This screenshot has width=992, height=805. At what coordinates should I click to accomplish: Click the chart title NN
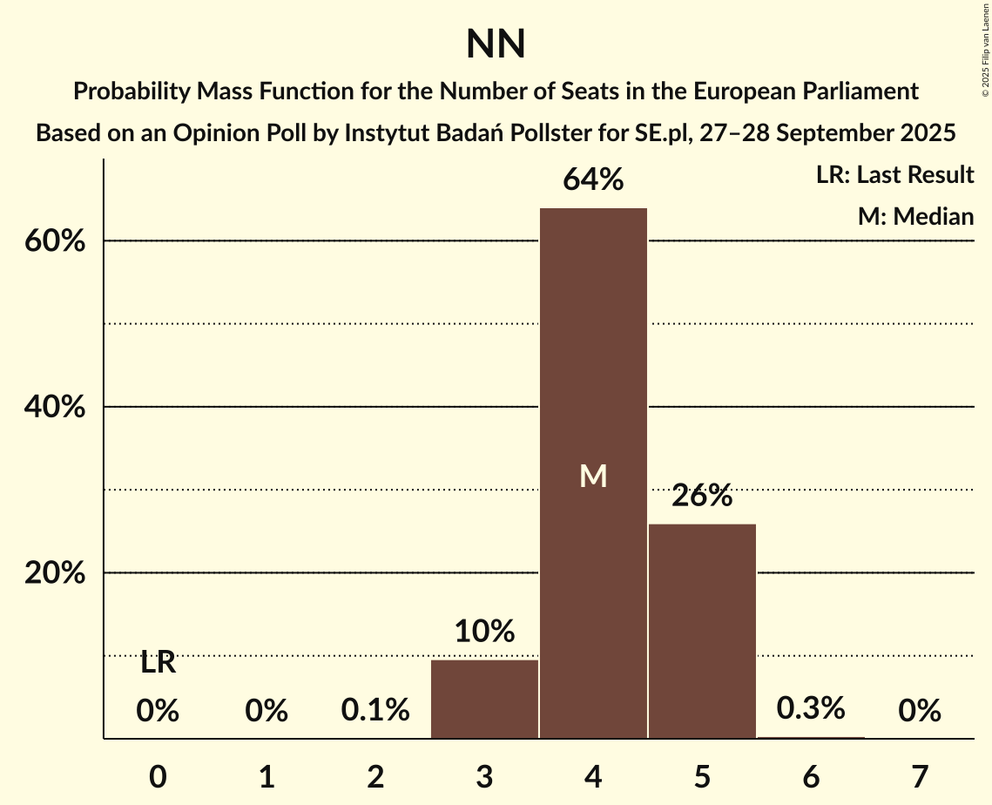click(x=496, y=44)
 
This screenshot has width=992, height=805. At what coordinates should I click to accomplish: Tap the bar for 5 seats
click(x=702, y=631)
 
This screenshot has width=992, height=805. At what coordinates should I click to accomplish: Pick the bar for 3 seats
click(x=484, y=699)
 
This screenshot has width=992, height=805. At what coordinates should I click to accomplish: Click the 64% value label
click(x=593, y=180)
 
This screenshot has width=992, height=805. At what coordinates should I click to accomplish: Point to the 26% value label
click(x=702, y=496)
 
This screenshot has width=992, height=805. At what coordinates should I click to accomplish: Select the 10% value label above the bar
click(x=484, y=632)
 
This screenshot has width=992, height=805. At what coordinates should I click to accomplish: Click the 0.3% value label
click(x=811, y=708)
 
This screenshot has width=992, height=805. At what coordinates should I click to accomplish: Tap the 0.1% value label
click(x=375, y=711)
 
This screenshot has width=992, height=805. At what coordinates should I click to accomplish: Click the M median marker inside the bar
click(x=593, y=476)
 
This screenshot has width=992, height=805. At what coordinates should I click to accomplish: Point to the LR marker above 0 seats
click(x=158, y=664)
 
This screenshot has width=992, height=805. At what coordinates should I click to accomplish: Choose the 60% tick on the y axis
click(x=53, y=241)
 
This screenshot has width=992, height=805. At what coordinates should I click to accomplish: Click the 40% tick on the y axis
click(x=53, y=408)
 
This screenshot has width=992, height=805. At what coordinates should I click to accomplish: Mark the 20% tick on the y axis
click(x=53, y=574)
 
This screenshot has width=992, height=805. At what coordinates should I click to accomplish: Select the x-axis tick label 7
click(x=920, y=777)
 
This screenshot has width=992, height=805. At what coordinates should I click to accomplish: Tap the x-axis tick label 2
click(x=375, y=777)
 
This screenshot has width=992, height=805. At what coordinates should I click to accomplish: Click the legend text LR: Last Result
click(x=894, y=175)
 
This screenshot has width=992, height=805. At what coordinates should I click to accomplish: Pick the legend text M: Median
click(x=915, y=216)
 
